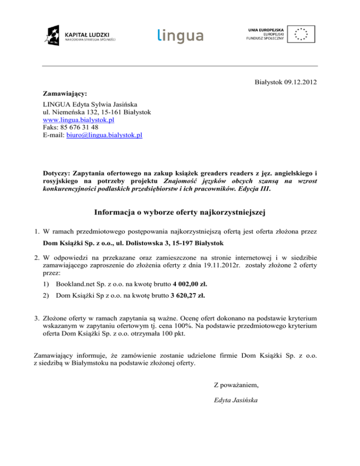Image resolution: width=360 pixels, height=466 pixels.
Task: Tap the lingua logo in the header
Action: point(180,35)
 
